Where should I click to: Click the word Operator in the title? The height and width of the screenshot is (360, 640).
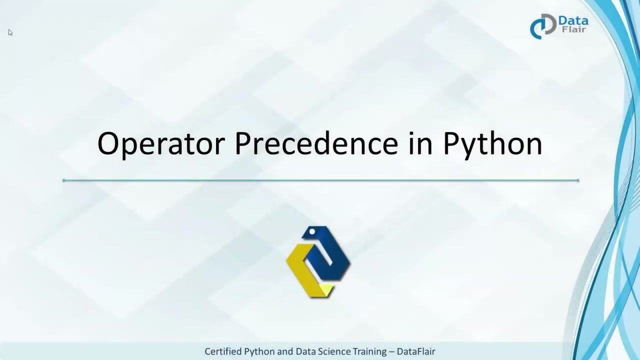(161, 143)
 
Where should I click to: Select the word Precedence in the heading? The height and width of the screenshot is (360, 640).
(316, 143)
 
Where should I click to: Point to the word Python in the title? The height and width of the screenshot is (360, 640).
(492, 144)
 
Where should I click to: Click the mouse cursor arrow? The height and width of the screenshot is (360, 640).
(10, 32)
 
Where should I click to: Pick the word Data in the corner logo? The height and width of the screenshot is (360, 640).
(573, 21)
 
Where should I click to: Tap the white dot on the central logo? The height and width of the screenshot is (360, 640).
(312, 231)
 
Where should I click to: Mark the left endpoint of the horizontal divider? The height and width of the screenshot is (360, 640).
(64, 180)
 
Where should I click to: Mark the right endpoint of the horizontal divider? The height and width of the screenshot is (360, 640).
(578, 180)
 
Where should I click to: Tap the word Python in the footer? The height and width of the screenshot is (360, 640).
(259, 351)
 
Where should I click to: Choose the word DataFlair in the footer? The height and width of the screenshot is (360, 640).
(415, 351)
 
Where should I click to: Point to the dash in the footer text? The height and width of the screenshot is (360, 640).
(391, 351)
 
